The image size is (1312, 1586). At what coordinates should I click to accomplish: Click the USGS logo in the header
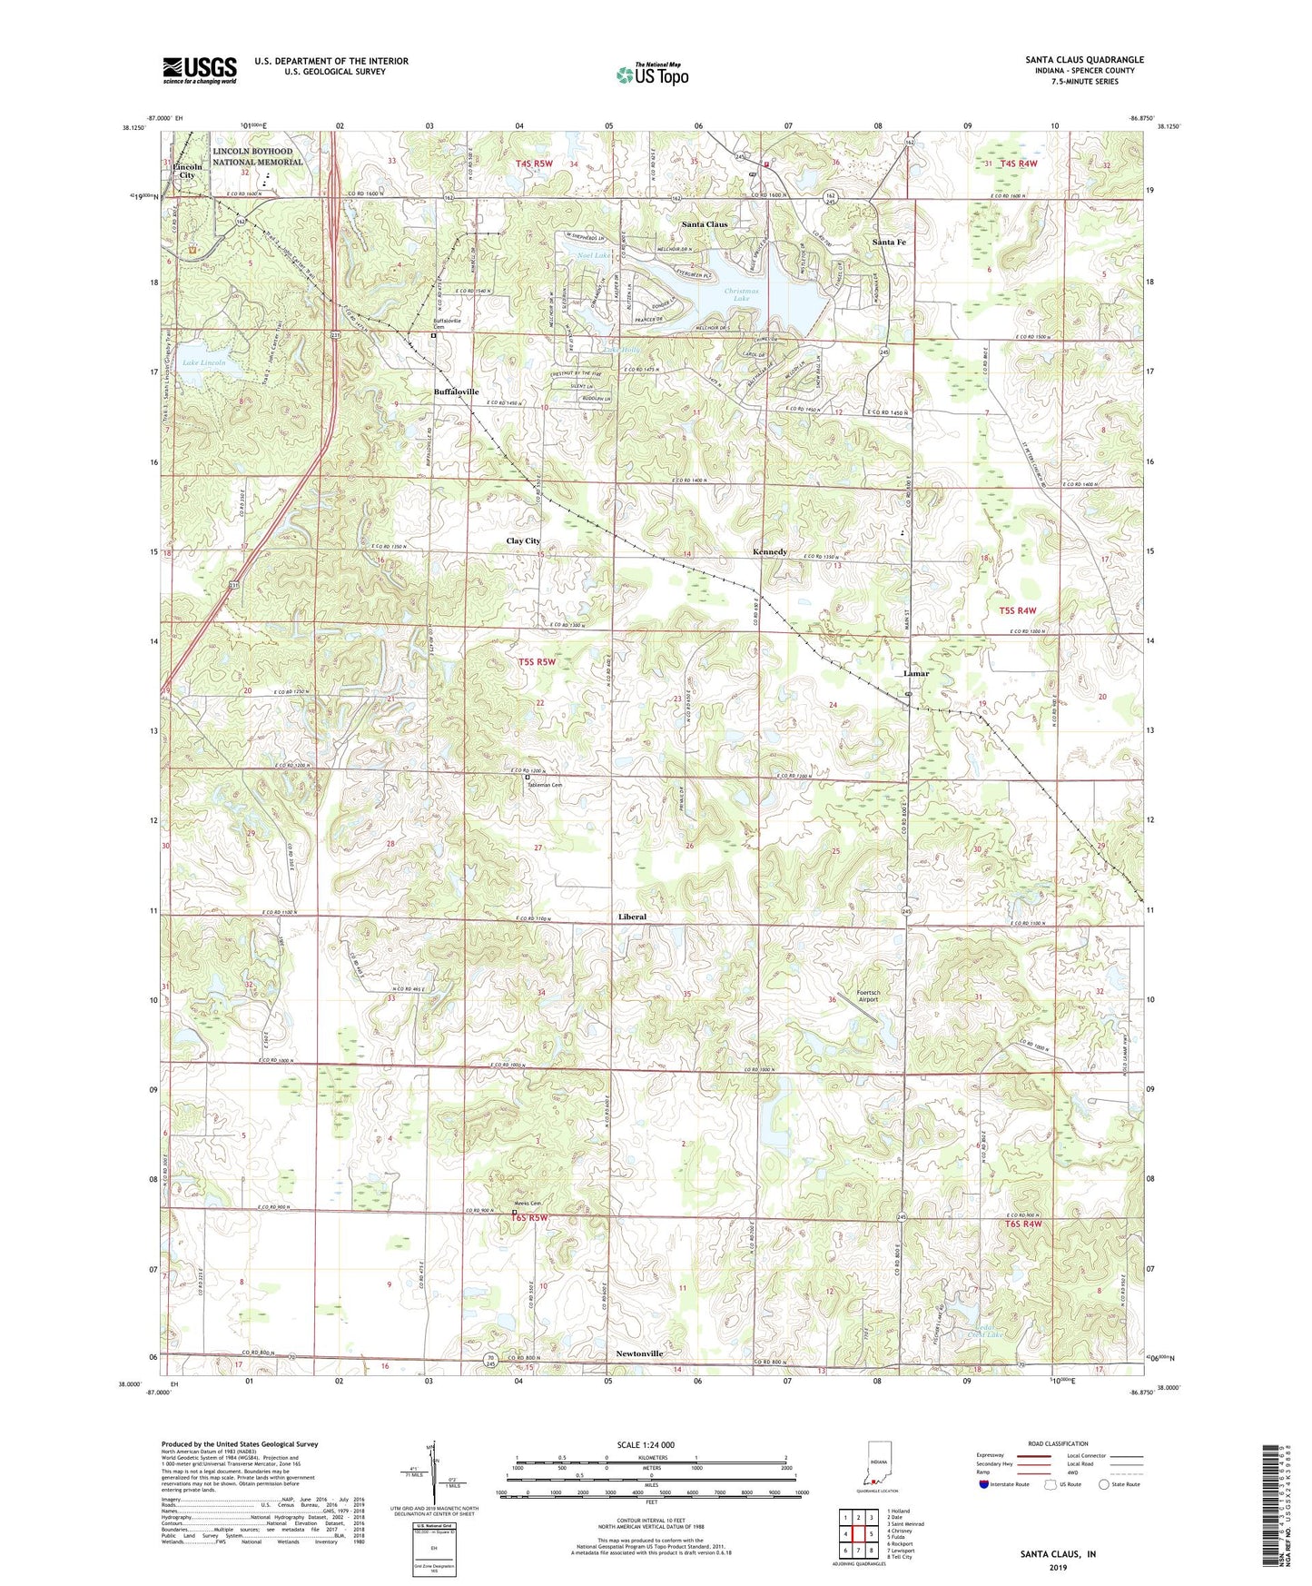click(x=200, y=69)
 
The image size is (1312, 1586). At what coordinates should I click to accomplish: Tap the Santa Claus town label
click(x=705, y=223)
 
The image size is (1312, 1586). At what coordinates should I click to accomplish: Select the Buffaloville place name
click(x=456, y=392)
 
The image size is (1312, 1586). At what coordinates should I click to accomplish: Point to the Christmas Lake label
click(x=742, y=294)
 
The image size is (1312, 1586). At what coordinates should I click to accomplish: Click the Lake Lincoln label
click(x=204, y=362)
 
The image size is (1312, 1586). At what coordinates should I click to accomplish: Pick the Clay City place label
click(x=523, y=540)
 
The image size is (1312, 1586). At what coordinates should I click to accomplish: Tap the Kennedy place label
click(x=770, y=551)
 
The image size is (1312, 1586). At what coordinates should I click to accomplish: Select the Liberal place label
click(x=632, y=917)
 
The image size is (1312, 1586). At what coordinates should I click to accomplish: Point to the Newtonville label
click(x=634, y=1353)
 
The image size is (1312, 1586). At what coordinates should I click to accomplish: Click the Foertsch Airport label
click(x=862, y=996)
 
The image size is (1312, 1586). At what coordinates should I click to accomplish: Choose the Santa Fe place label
click(x=889, y=243)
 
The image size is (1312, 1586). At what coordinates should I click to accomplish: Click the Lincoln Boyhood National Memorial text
click(x=258, y=156)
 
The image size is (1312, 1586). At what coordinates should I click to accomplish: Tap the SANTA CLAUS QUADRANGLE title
click(x=1084, y=60)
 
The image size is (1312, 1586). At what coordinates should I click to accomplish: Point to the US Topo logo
click(x=652, y=74)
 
